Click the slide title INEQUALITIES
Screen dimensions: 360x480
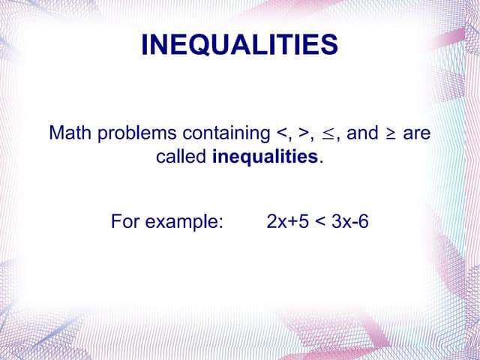click(239, 45)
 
